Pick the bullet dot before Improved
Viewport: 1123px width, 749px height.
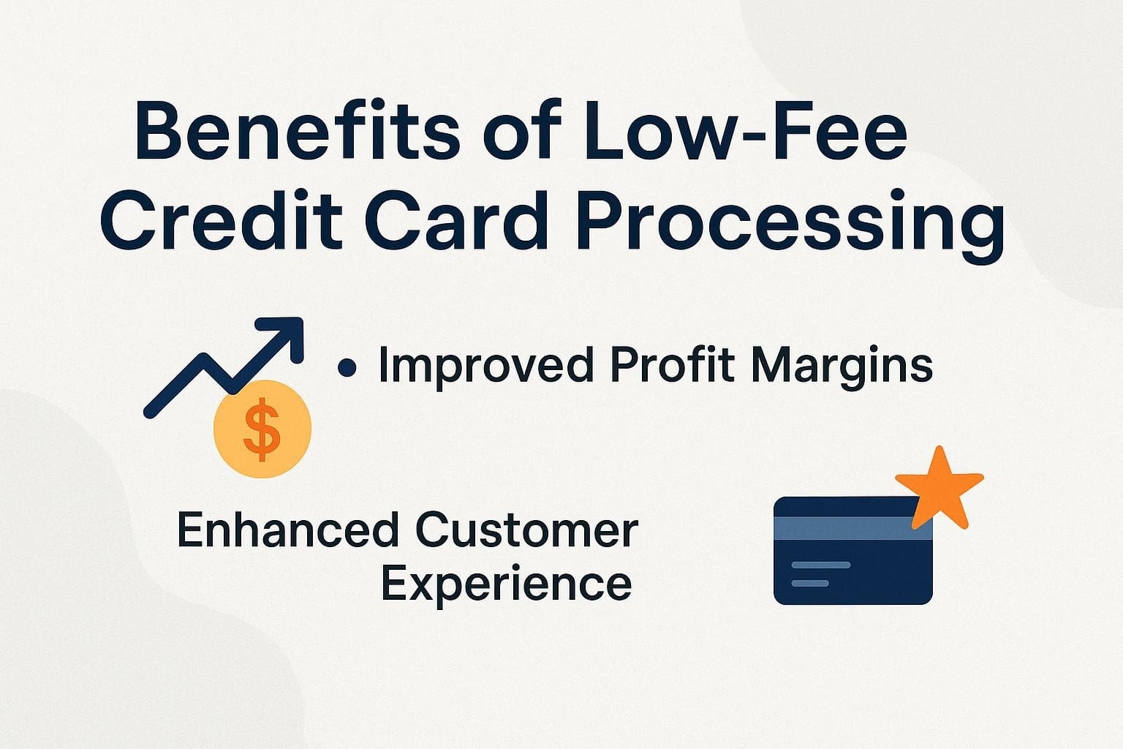pyautogui.click(x=348, y=367)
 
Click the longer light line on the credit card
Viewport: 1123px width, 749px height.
pyautogui.click(x=821, y=565)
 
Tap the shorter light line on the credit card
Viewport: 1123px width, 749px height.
pyautogui.click(x=810, y=583)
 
